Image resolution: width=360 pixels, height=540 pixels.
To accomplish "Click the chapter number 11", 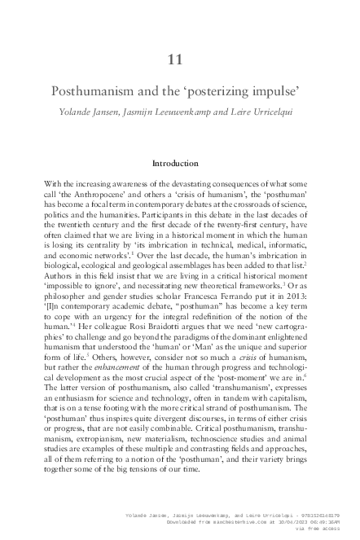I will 179,58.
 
